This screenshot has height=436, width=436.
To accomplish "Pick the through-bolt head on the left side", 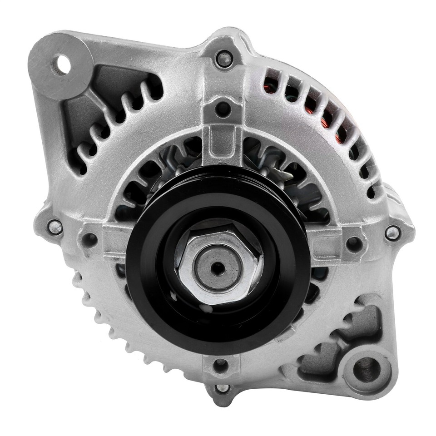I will click(x=55, y=226).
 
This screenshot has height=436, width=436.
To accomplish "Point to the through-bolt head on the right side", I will click(x=391, y=233).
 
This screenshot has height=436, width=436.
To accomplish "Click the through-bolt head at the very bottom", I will click(x=222, y=388).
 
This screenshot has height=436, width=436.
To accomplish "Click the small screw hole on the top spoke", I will click(x=223, y=108).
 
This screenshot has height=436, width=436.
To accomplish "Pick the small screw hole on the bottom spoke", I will click(x=220, y=363).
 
